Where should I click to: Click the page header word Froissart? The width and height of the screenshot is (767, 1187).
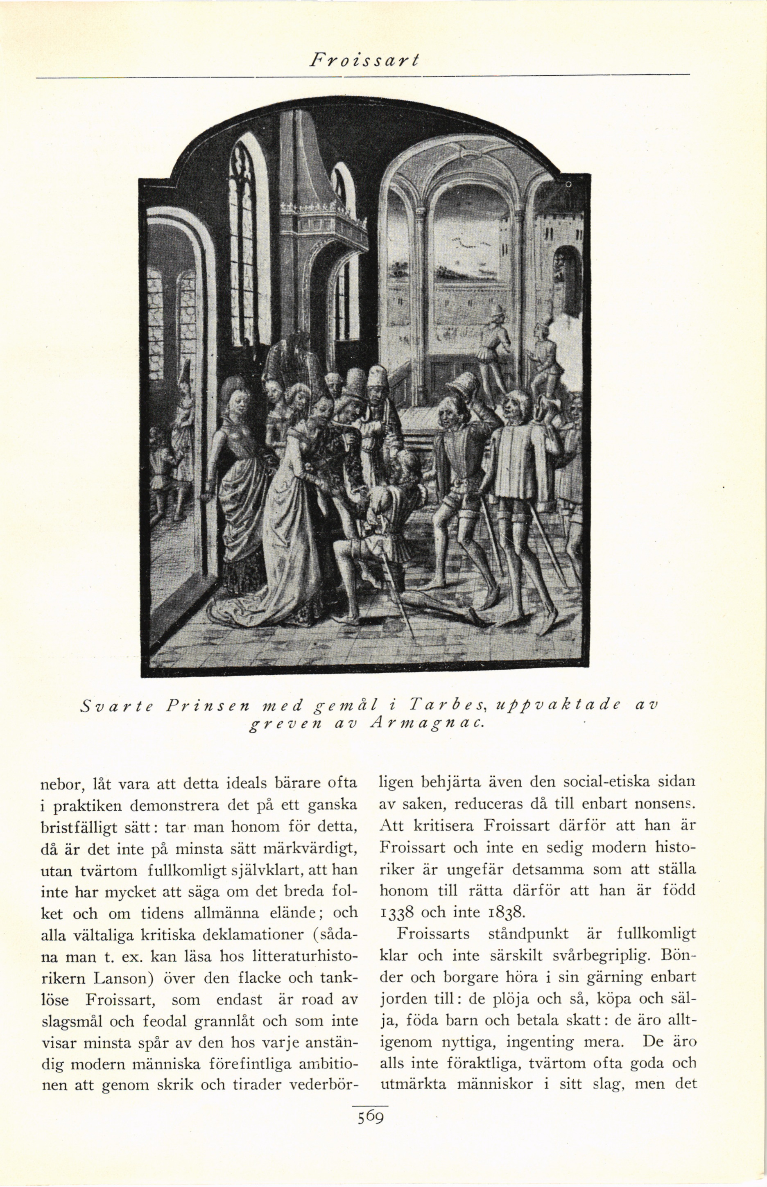click(x=364, y=60)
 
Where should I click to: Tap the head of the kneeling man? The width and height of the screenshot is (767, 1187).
click(x=406, y=466)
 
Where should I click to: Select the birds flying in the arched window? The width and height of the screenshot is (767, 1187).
click(x=466, y=242)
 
